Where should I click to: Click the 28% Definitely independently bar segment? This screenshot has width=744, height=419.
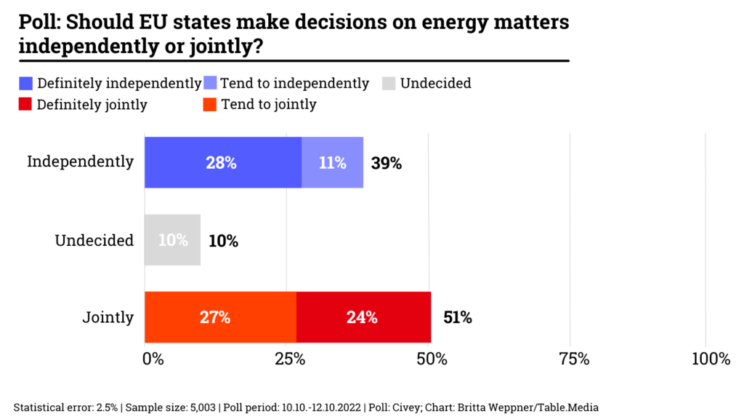tap(222, 162)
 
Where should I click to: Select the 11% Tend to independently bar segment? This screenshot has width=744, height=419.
tap(332, 162)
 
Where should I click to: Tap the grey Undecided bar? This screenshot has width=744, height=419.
tap(172, 240)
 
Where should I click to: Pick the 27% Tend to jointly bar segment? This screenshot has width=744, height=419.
tap(220, 317)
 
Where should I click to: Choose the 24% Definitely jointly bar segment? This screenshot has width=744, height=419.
tap(363, 317)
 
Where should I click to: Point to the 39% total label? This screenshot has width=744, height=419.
tap(386, 163)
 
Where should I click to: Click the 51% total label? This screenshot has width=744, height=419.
tap(457, 317)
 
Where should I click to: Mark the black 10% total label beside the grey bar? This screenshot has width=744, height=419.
tap(223, 241)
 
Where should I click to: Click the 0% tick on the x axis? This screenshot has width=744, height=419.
tap(153, 359)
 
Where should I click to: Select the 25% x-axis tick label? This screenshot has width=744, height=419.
tap(290, 359)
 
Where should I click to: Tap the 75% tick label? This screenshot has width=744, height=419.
tap(573, 359)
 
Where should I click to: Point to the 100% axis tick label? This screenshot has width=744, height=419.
tap(711, 359)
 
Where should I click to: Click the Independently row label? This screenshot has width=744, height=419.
tap(81, 161)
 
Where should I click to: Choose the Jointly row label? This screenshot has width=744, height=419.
tap(108, 317)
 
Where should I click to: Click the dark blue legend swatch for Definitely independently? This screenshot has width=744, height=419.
tap(26, 84)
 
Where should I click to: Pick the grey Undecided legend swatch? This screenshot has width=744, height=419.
tap(389, 84)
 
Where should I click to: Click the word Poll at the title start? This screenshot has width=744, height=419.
tap(39, 23)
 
